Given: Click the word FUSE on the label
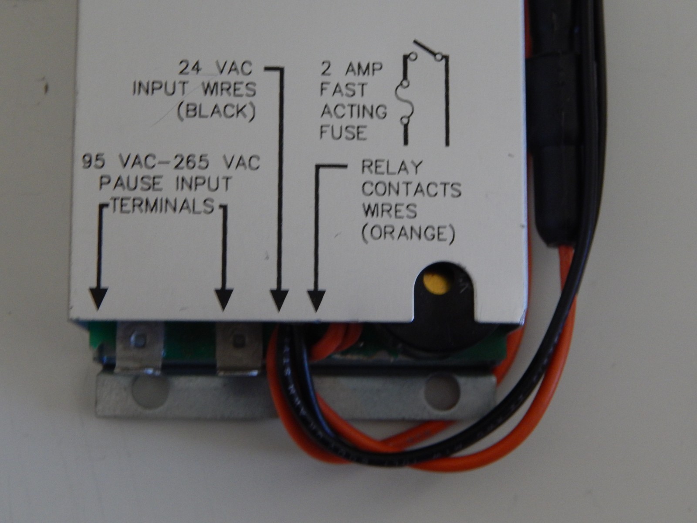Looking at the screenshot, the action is click(343, 132).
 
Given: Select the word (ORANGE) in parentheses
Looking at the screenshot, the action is click(408, 234).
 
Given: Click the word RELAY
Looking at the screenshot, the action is click(392, 167).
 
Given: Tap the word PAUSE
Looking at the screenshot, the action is click(131, 183).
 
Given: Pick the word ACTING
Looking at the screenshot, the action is click(353, 111).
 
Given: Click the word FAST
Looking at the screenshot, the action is click(343, 89).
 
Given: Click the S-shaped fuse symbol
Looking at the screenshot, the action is click(405, 102).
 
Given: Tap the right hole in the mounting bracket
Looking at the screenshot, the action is click(442, 391).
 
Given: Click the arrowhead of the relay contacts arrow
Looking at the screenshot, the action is click(316, 301).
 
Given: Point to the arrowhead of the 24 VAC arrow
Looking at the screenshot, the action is click(279, 301).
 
